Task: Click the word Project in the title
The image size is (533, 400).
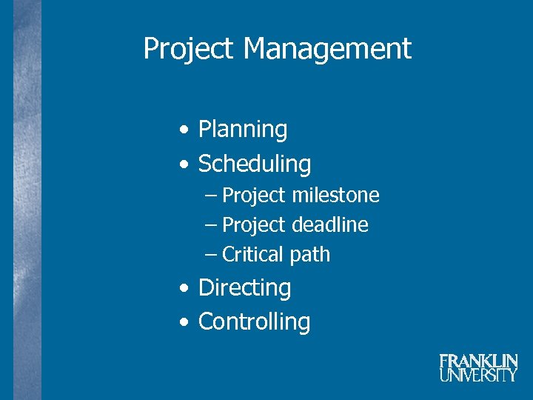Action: click(x=190, y=50)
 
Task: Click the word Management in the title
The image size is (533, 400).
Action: click(x=327, y=50)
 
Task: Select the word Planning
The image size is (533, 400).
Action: click(x=243, y=130)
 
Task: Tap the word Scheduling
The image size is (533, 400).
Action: click(x=255, y=164)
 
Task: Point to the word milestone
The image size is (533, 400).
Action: click(x=335, y=196)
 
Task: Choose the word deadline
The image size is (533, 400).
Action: click(x=330, y=224)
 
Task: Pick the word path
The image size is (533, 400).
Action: click(x=310, y=256)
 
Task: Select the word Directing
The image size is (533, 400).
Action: click(x=244, y=287)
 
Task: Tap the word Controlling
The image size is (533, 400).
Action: click(x=254, y=321)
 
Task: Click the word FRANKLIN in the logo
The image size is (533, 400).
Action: click(x=478, y=361)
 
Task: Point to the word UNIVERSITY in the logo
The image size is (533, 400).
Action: click(x=478, y=375)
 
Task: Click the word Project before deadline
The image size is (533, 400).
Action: click(x=253, y=225)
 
